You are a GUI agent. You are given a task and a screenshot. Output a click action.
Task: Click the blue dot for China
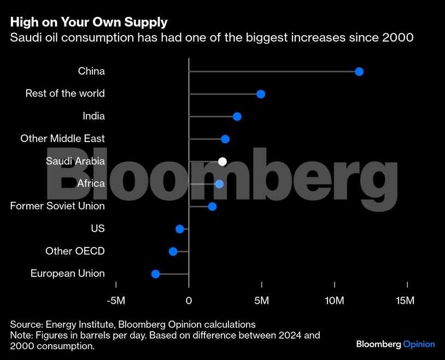click(x=359, y=72)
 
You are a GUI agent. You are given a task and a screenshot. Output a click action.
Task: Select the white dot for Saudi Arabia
click(x=222, y=161)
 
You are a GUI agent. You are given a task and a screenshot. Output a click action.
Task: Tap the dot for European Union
click(x=155, y=274)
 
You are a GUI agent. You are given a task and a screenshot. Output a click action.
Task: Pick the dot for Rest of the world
click(x=261, y=94)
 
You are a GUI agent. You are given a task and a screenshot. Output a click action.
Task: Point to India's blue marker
click(x=237, y=116)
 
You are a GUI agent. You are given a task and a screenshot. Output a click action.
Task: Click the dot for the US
click(x=180, y=229)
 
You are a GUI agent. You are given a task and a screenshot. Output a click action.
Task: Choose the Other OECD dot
click(x=173, y=251)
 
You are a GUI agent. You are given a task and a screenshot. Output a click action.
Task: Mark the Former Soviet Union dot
click(x=212, y=206)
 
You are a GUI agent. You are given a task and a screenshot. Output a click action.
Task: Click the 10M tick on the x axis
click(x=334, y=300)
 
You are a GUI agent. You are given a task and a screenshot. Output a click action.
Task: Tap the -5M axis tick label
click(x=116, y=300)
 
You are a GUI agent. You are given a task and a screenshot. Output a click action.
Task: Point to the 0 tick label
click(x=189, y=300)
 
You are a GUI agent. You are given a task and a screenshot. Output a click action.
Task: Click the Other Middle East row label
click(x=62, y=139)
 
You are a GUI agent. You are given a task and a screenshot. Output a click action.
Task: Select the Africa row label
click(x=91, y=184)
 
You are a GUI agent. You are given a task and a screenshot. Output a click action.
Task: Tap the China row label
click(x=91, y=72)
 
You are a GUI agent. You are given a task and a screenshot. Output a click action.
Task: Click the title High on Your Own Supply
click(x=89, y=22)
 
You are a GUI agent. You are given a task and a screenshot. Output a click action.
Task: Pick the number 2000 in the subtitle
click(x=398, y=38)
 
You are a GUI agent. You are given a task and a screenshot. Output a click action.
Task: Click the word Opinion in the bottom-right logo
click(x=419, y=344)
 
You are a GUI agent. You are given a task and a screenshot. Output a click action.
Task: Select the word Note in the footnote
click(x=20, y=335)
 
